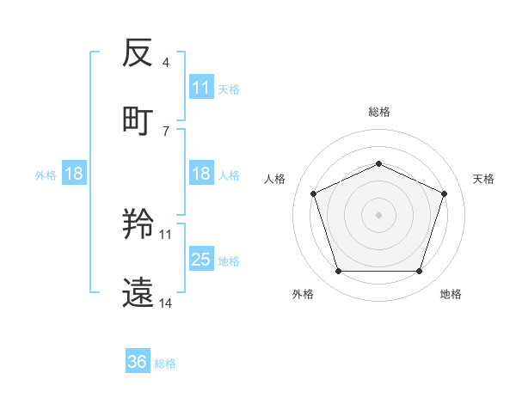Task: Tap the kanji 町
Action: pos(138,119)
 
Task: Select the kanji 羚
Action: pos(138,226)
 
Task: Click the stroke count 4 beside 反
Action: pos(166,63)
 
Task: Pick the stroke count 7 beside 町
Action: pos(166,131)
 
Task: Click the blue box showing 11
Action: pos(201,88)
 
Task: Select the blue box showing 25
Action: pos(201,260)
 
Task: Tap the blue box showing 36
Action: pos(138,362)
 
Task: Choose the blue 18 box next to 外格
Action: pos(73,174)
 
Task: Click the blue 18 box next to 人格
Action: pos(201,174)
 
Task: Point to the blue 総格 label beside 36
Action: pos(165,363)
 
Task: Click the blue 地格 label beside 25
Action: pos(229,260)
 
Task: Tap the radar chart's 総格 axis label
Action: pos(378,112)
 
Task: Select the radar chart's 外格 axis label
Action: pos(303,294)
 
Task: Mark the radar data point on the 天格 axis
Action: pos(445,193)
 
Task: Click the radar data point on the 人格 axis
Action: pos(313,193)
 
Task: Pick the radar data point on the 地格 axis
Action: pos(419,272)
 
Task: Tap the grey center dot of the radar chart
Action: pos(378,214)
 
